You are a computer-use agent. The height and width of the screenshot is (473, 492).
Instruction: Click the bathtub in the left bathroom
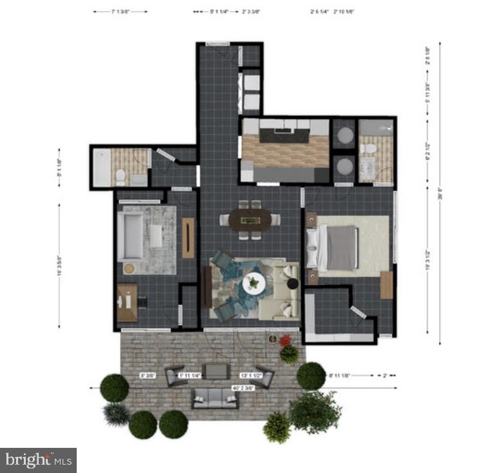(102, 167)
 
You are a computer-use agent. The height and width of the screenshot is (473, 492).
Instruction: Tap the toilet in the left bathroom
(121, 177)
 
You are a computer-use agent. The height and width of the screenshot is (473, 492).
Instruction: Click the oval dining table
(250, 220)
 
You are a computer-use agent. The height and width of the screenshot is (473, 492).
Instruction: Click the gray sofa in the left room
(130, 235)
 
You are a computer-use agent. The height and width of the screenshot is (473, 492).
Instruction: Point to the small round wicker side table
(130, 268)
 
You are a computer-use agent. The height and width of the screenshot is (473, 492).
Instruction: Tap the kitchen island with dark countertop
(284, 136)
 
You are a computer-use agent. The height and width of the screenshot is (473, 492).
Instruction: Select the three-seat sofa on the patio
(215, 399)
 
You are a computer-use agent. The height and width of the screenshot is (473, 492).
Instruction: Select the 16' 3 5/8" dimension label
(59, 263)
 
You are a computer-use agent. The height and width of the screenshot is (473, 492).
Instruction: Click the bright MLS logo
(38, 459)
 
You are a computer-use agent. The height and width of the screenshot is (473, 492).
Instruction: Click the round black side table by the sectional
(292, 284)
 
